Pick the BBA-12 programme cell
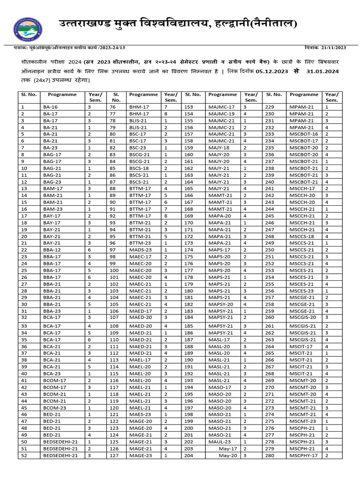pyautogui.click(x=52, y=250)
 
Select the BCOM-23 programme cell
pyautogui.click(x=54, y=408)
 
